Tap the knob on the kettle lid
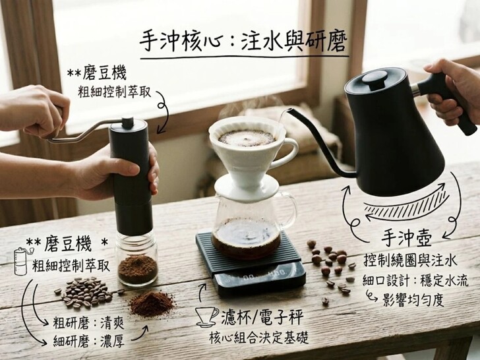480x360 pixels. [375, 79]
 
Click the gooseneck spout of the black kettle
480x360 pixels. [318, 144]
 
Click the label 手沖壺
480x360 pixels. [407, 239]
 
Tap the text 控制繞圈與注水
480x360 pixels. [410, 260]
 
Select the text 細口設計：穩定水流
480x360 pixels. [415, 281]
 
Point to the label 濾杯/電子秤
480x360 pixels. [262, 317]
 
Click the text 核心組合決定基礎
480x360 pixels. [258, 338]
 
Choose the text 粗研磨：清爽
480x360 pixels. [88, 323]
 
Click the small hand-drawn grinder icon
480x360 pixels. [22, 261]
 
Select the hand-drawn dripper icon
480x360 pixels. [208, 317]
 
